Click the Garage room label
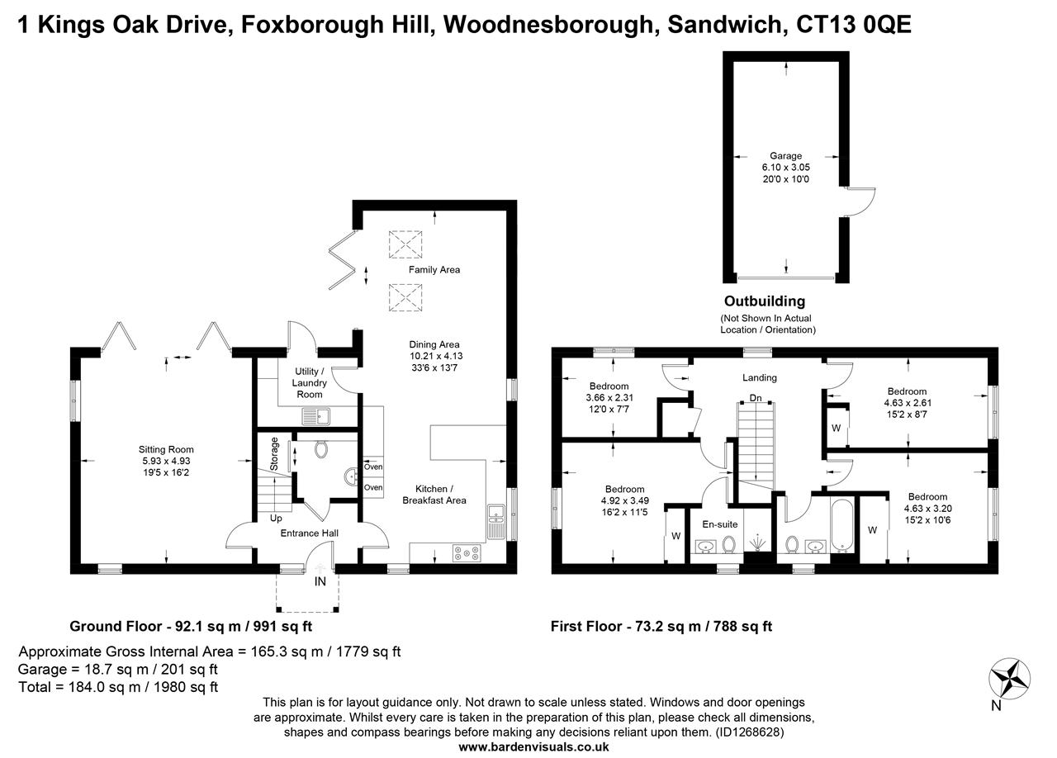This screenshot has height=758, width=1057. pos(785,156)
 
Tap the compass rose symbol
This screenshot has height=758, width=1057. pos(1009,680)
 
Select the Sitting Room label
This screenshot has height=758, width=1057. pos(166,450)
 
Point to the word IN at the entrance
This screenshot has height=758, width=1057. pos(320,582)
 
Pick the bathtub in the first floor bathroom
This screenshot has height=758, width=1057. pos(841,524)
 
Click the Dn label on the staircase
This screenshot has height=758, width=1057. pos(755,398)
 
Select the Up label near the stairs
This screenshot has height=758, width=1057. pos(276,519)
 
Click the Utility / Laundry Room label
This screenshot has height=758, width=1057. pos(310,383)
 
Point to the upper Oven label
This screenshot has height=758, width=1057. pos(373,467)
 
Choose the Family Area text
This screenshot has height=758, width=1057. pos(434,270)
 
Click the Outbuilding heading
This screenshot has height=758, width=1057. pos(764,301)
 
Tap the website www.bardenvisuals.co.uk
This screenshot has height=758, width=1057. pos(533,746)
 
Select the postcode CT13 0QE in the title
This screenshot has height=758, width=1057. pos(854,25)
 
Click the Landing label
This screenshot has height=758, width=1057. pos(759,378)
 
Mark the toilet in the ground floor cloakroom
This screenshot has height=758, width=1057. pos(322,448)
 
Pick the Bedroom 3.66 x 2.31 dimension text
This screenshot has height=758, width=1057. pos(609,398)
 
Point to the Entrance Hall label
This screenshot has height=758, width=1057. pos(310,533)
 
